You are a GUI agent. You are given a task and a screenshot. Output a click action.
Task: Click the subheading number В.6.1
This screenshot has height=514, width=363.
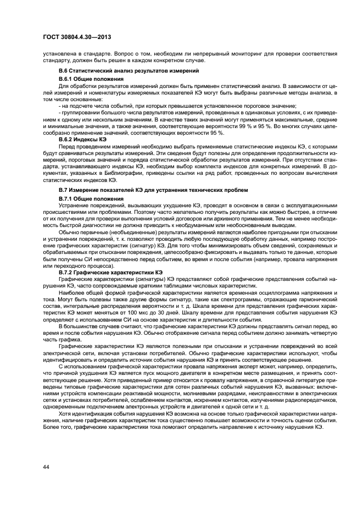click(x=68, y=80)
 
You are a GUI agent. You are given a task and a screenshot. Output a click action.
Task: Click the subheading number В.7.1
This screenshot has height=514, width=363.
click(x=68, y=197)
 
